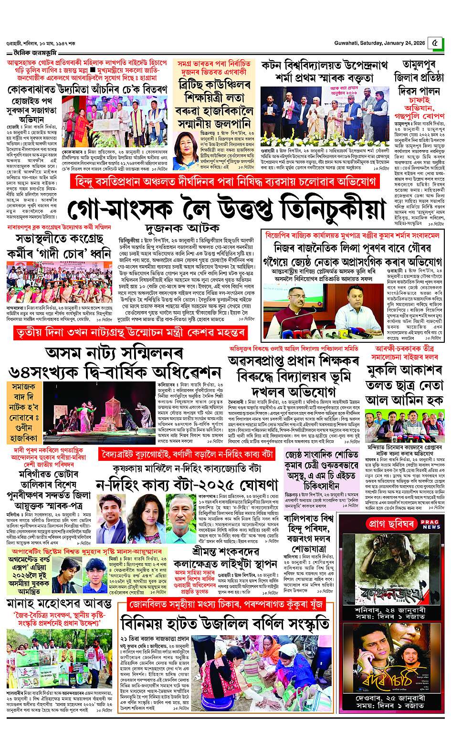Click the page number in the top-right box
pyautogui.click(x=434, y=42)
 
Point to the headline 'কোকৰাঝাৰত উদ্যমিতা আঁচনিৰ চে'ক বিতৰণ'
pyautogui.click(x=87, y=89)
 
